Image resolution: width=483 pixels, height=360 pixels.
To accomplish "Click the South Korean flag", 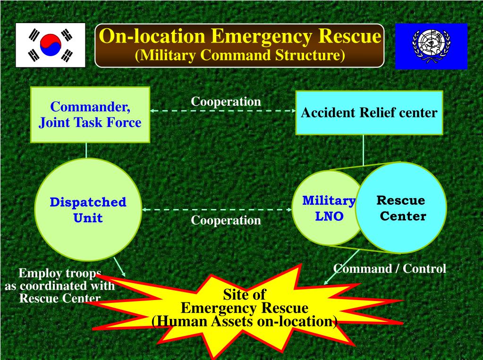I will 51,45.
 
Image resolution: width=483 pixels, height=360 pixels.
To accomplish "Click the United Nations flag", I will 431,46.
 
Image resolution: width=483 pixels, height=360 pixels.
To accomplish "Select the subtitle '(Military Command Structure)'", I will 240,56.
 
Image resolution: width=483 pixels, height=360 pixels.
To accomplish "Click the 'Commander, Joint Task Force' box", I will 90,115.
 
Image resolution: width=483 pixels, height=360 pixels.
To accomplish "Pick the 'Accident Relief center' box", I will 369,113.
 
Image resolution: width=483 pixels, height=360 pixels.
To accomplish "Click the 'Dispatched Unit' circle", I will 88,210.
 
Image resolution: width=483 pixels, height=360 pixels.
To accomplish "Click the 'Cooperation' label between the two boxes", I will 226,101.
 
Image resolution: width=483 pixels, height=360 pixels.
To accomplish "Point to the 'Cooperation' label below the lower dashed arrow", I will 226,220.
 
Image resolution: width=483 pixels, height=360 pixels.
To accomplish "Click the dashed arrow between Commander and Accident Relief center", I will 222,111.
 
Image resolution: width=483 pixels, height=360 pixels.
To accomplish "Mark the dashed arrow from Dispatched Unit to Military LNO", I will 217,209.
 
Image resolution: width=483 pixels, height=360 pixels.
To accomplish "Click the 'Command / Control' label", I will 390,268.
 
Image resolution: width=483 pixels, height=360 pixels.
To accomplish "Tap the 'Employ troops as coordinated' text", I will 59,286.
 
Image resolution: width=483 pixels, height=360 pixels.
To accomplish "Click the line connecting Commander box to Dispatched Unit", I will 86,151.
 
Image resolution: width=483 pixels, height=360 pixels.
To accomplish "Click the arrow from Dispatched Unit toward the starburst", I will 120,267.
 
